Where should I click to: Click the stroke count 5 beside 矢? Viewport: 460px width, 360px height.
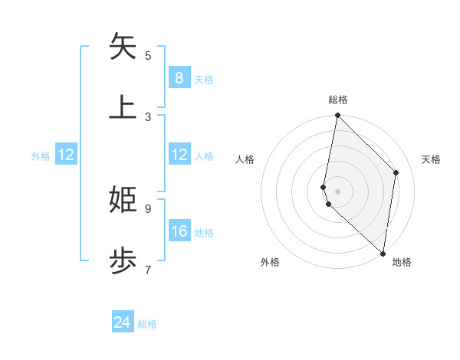pos(148,55)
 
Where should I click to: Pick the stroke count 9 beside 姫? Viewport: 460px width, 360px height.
pos(148,208)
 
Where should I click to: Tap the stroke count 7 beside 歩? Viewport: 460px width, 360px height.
pos(148,270)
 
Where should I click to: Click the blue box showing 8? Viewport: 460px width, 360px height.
pos(179,77)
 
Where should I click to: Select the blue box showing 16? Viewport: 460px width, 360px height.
pos(179,231)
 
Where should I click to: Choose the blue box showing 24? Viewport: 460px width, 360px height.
pos(123,322)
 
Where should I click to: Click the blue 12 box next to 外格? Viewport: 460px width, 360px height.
pos(66,155)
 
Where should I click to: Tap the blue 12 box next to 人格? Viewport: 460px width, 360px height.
pos(179,155)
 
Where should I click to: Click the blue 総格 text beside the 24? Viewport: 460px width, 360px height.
pos(147,324)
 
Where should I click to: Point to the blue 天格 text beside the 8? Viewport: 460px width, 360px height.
pos(204,79)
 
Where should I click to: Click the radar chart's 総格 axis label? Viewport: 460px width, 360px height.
pos(338,100)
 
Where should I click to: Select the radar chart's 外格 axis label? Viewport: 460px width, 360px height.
pos(270,262)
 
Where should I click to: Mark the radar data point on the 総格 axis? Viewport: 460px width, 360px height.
pos(337,116)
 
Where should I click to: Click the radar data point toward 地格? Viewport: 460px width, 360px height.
pos(383,252)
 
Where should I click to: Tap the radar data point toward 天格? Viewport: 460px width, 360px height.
pos(396,172)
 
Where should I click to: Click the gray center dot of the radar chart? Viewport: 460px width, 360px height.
pos(337,191)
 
